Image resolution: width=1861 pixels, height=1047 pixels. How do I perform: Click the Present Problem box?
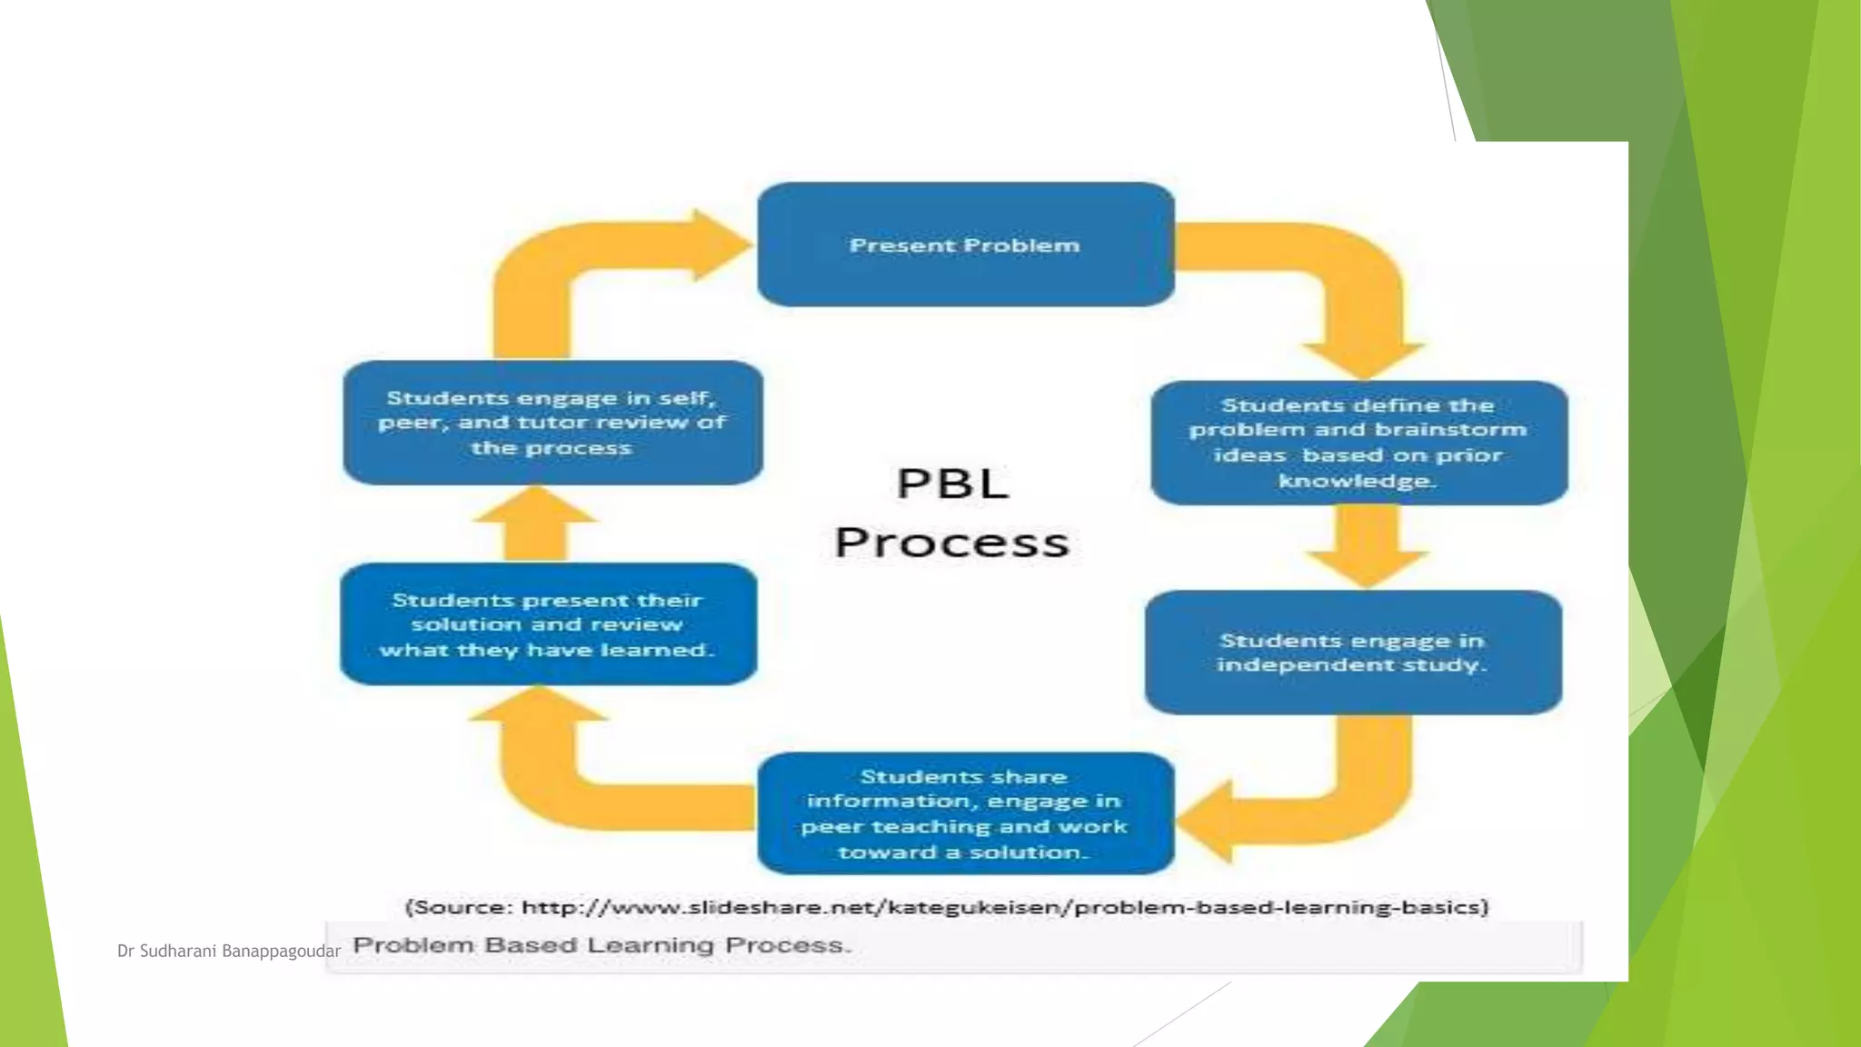tap(965, 244)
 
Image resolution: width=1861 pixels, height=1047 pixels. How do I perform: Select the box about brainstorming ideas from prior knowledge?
tap(1358, 443)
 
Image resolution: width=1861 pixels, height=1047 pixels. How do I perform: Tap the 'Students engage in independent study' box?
tap(1352, 653)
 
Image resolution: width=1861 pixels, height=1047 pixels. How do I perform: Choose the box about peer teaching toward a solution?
tap(965, 813)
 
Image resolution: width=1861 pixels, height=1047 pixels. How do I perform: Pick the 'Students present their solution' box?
tap(548, 624)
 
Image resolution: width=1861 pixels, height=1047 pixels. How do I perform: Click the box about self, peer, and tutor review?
tap(552, 423)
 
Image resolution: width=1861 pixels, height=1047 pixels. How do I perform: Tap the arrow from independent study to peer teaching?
tap(1345, 800)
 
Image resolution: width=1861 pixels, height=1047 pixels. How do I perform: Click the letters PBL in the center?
tap(952, 484)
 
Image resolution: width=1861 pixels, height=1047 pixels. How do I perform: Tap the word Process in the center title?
tap(951, 543)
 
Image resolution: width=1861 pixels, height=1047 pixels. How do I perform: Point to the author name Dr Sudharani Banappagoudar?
tap(228, 951)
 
